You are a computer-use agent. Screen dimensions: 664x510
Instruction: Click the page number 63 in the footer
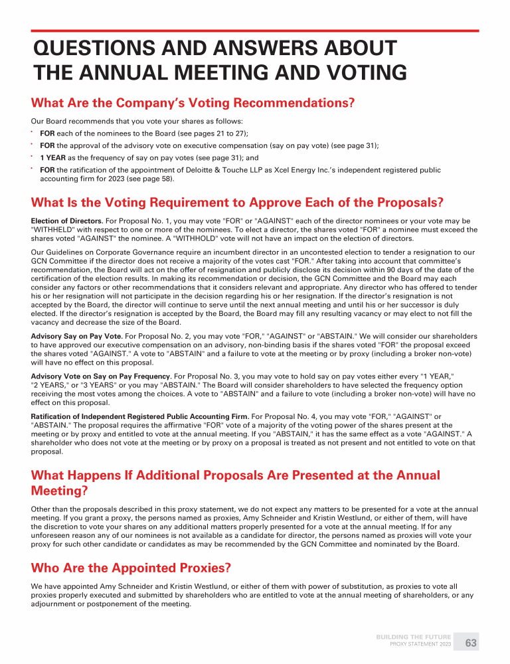[471, 643]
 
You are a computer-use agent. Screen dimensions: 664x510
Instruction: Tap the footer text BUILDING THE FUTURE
[413, 637]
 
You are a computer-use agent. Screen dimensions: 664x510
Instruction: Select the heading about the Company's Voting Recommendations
[193, 104]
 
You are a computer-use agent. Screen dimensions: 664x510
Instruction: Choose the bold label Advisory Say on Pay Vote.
[72, 337]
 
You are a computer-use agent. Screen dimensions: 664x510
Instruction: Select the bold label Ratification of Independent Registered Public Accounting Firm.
[139, 416]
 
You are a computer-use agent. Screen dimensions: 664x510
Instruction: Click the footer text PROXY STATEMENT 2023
[420, 645]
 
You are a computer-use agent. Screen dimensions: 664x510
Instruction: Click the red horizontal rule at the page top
[255, 31]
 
